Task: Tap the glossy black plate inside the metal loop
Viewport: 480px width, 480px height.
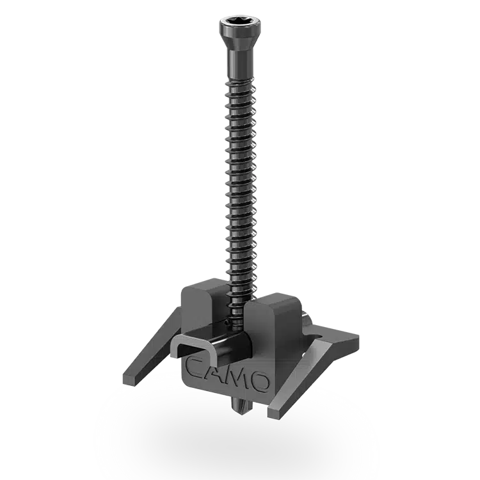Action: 211,346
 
